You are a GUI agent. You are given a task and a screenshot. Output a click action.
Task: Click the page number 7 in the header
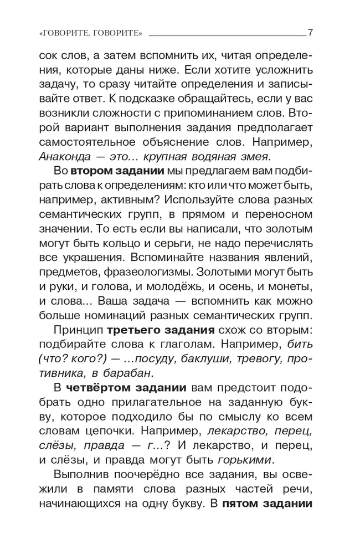click(x=311, y=32)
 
